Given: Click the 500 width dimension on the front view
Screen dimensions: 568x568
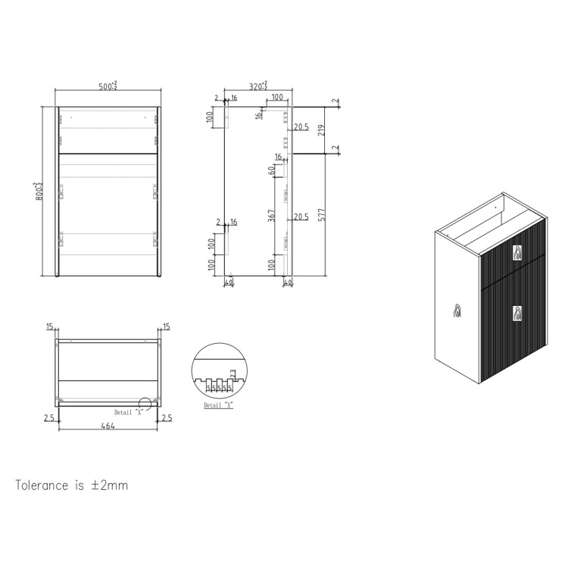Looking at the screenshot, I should click(107, 86).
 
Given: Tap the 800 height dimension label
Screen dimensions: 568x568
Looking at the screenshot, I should click(37, 190).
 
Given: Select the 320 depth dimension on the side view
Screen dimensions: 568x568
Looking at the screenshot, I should click(257, 87).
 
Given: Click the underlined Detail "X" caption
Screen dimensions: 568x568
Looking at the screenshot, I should click(219, 406).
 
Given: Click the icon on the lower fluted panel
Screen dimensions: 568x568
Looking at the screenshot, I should click(518, 312).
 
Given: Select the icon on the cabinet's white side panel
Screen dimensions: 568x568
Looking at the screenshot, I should click(457, 311).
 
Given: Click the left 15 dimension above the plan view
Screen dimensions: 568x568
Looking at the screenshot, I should click(50, 327).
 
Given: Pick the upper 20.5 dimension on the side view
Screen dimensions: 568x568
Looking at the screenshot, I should click(301, 126).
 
